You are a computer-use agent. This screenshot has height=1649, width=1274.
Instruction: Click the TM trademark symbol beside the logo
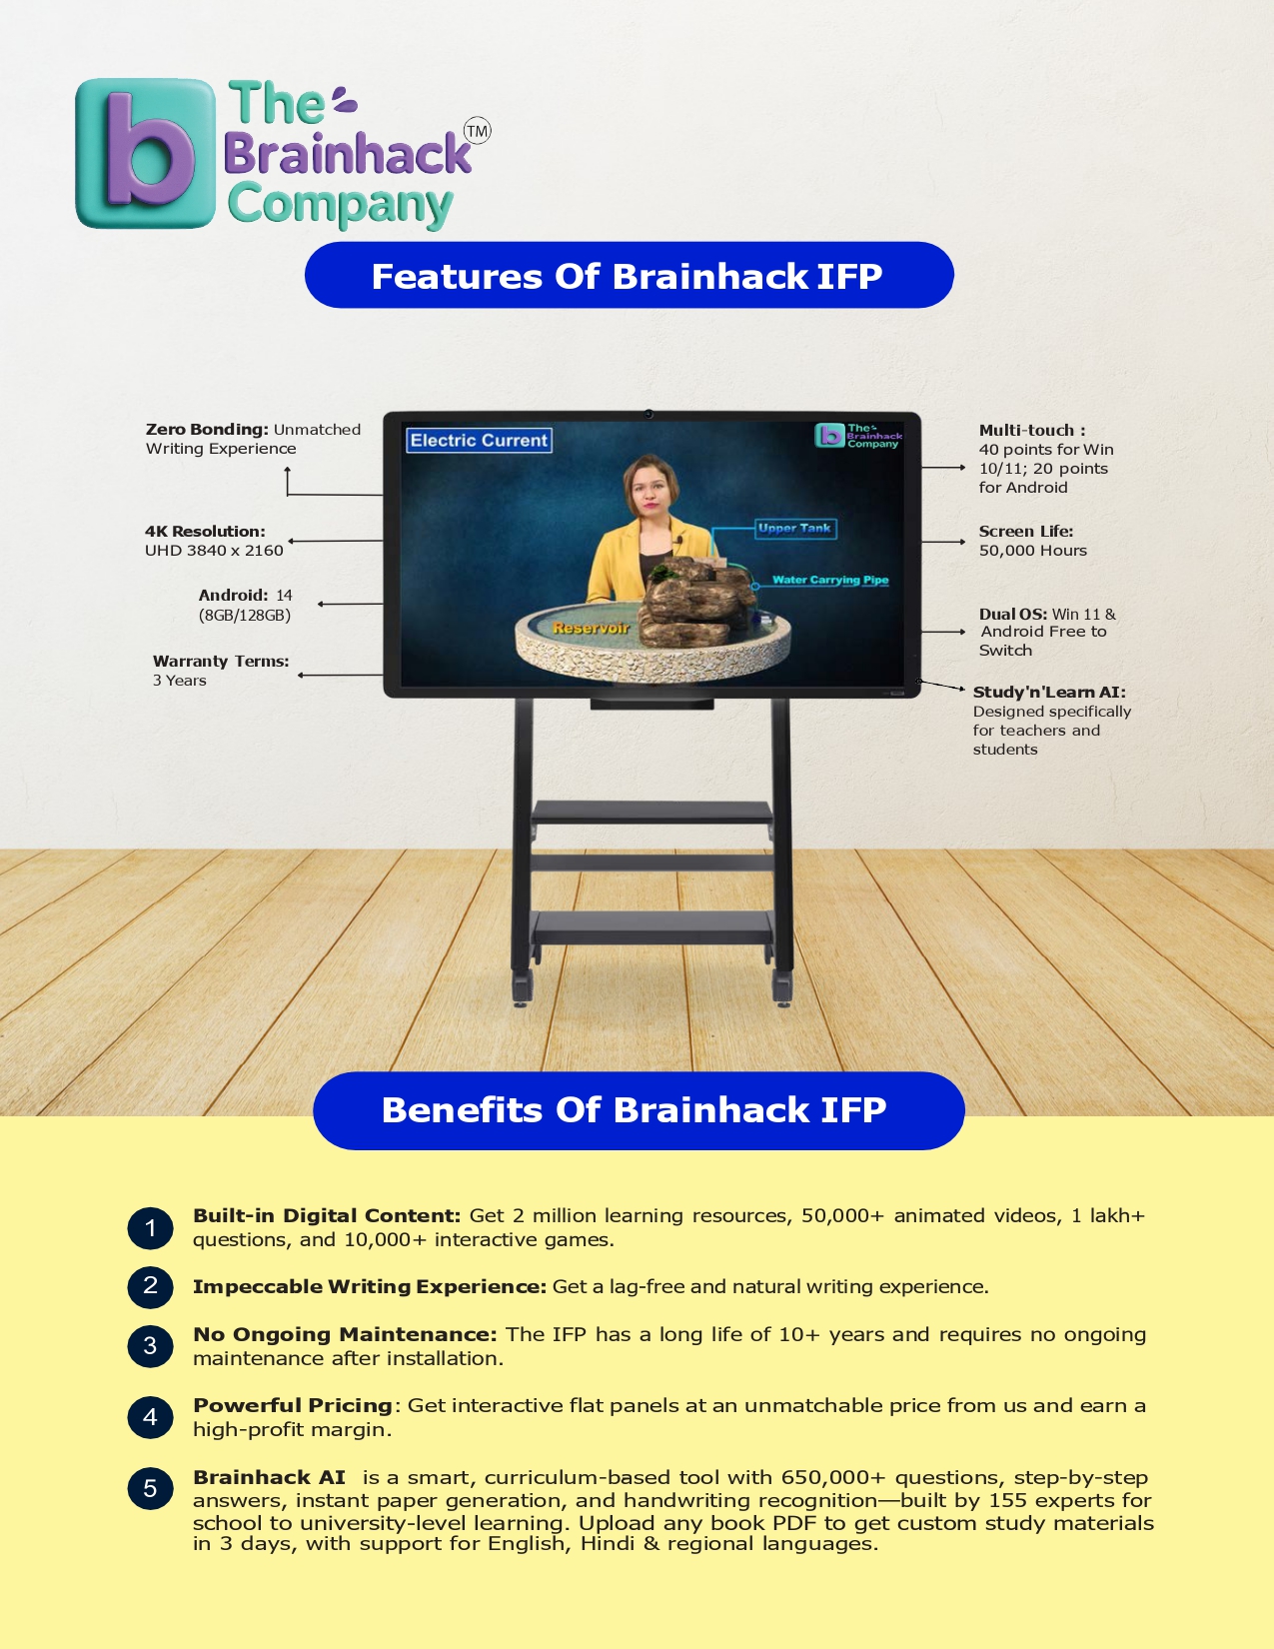(478, 131)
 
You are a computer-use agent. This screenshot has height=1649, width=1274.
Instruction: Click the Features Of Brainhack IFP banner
(630, 275)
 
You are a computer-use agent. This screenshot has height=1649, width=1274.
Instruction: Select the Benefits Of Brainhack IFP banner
(638, 1110)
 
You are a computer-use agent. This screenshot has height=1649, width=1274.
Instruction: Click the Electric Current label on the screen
(479, 440)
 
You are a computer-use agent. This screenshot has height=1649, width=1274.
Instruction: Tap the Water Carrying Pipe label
(830, 580)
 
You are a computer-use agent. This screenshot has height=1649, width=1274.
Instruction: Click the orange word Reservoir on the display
(592, 628)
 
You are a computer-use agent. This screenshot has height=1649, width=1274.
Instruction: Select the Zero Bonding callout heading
(207, 430)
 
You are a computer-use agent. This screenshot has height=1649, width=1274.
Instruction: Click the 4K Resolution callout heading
(205, 532)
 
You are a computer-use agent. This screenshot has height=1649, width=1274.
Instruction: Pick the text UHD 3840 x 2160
(214, 551)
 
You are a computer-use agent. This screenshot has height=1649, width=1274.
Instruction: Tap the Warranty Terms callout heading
(221, 661)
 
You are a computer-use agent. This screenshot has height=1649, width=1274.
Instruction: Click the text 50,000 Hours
(1033, 551)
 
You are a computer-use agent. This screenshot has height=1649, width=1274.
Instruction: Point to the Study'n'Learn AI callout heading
(1049, 692)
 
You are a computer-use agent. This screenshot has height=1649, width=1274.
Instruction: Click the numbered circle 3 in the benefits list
(150, 1346)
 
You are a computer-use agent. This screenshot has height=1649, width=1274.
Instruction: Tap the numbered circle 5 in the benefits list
(150, 1488)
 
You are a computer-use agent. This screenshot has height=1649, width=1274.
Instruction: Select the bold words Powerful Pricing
(293, 1405)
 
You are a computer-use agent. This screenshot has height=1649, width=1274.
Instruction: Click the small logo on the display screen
(858, 435)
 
